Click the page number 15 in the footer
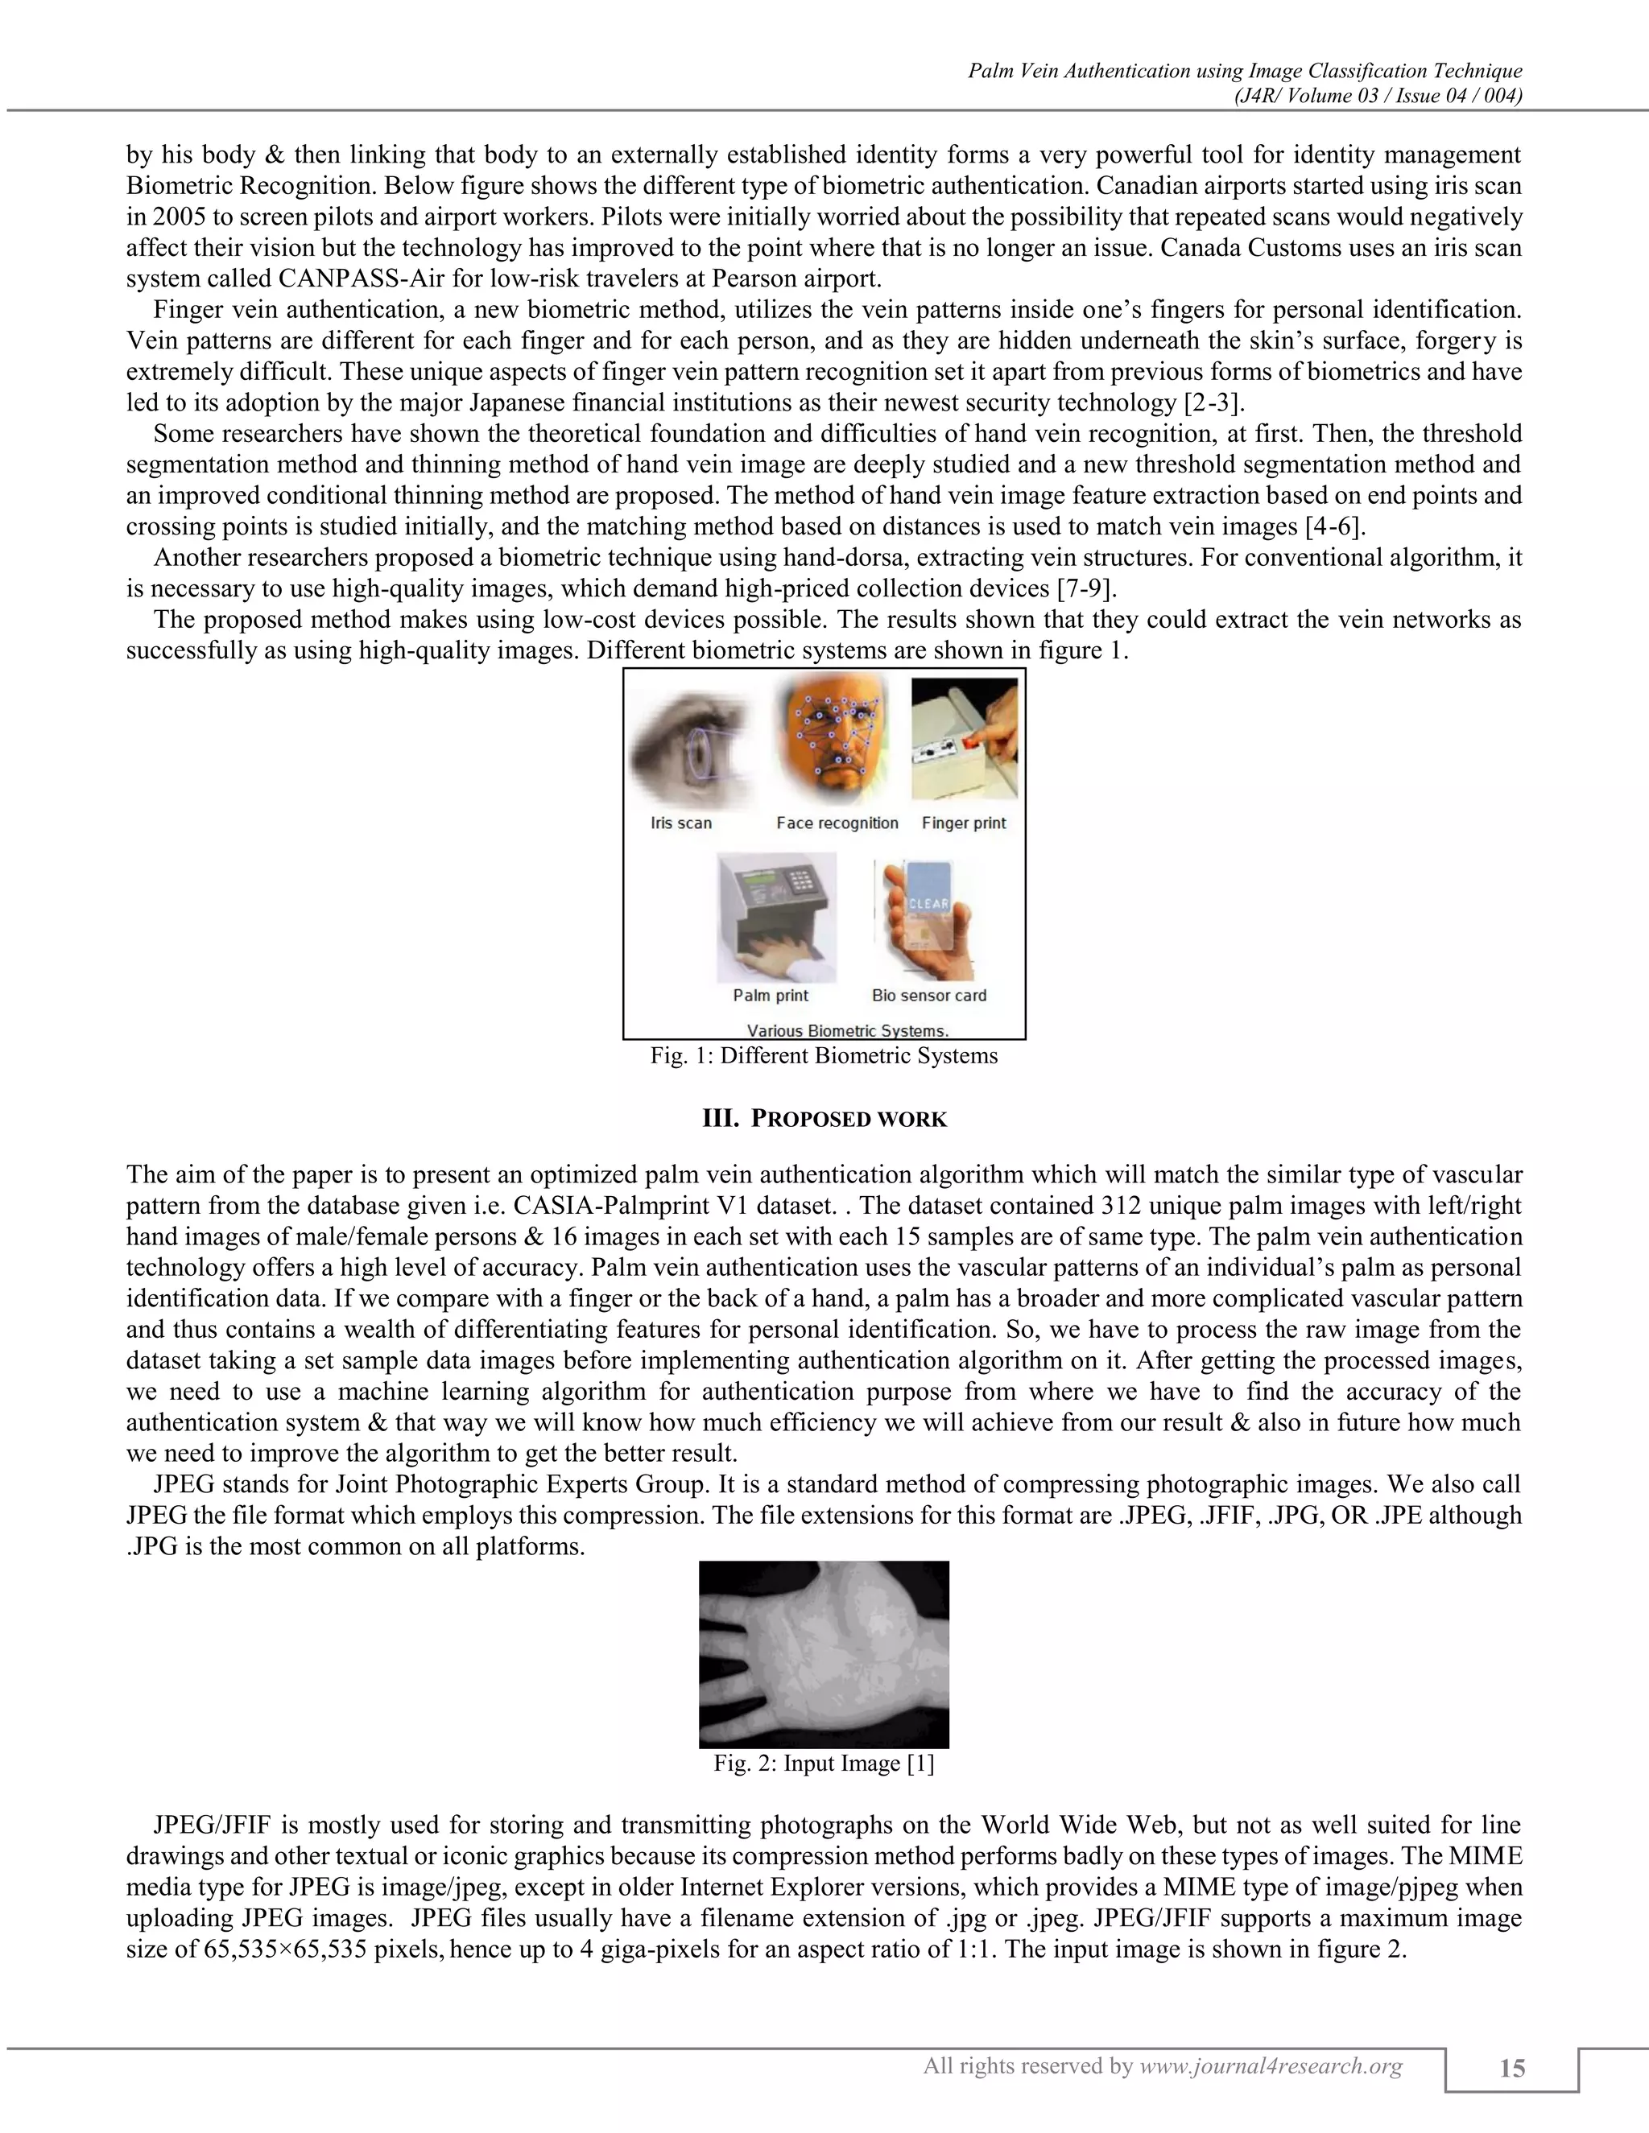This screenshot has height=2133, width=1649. (x=1511, y=2068)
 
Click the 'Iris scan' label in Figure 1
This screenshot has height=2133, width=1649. (x=681, y=823)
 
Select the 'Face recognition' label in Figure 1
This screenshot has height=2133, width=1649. (x=837, y=823)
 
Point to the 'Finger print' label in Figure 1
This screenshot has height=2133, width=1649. (x=963, y=823)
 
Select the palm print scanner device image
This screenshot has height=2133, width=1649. (x=777, y=918)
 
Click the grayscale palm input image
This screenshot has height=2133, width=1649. (x=824, y=1654)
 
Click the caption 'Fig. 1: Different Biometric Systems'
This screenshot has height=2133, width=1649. (x=824, y=1056)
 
